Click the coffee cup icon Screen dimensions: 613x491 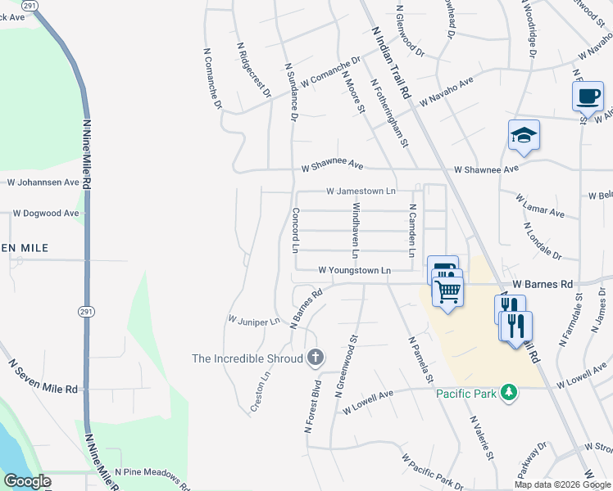[588, 97]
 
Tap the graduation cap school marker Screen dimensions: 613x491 [524, 135]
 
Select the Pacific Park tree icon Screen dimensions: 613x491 [510, 394]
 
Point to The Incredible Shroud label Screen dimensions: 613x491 [246, 358]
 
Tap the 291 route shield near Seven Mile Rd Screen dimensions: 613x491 [86, 312]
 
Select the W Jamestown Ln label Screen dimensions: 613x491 [361, 191]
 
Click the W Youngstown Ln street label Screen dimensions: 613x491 [355, 269]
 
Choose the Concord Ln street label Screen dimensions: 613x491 [295, 229]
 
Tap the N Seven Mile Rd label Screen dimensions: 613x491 [43, 376]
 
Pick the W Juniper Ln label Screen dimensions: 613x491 [254, 321]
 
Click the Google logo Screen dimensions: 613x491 [27, 481]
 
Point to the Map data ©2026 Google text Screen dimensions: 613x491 [562, 484]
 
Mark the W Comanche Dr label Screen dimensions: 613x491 [330, 72]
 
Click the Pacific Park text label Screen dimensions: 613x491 [466, 394]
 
